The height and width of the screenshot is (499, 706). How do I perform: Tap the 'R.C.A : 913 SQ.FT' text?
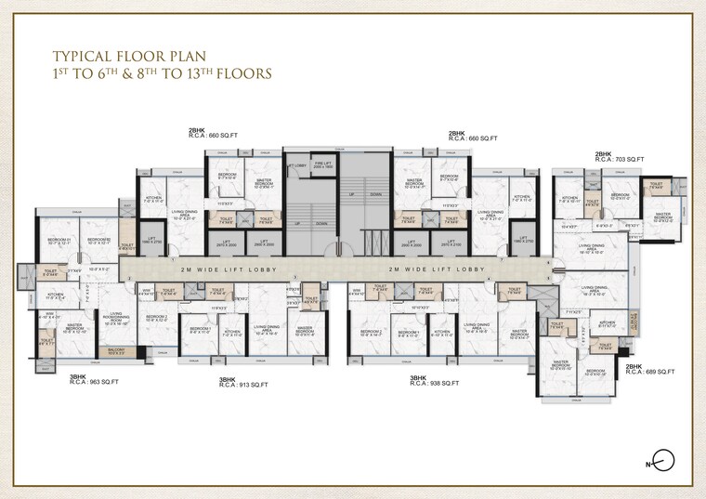click(x=243, y=384)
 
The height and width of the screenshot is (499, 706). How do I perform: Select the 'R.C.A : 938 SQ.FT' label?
click(x=434, y=383)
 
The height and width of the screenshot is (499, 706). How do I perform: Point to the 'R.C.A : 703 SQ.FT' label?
click(x=619, y=160)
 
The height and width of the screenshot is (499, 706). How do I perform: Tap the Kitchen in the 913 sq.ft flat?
click(x=232, y=332)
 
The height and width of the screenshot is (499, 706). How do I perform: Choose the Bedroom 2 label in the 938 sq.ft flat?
click(x=369, y=332)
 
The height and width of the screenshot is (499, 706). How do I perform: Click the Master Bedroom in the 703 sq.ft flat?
click(x=662, y=217)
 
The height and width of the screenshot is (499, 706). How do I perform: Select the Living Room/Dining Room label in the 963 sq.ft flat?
click(x=113, y=318)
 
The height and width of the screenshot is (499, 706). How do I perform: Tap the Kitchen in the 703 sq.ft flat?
click(x=569, y=199)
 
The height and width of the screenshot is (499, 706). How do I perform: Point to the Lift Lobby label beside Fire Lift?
click(x=296, y=166)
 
